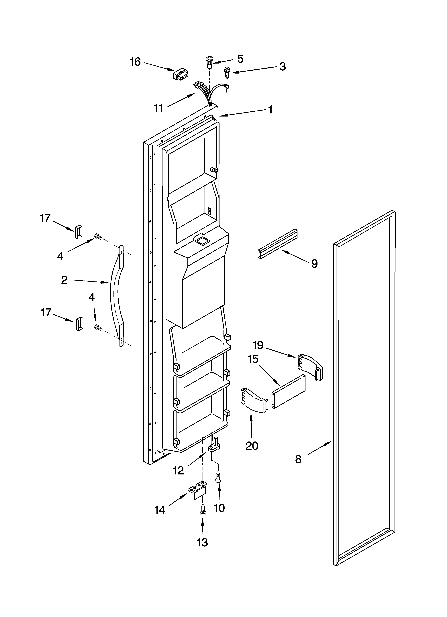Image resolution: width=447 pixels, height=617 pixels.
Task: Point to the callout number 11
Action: pos(158,108)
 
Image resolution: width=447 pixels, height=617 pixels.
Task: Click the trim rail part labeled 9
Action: pos(278,244)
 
